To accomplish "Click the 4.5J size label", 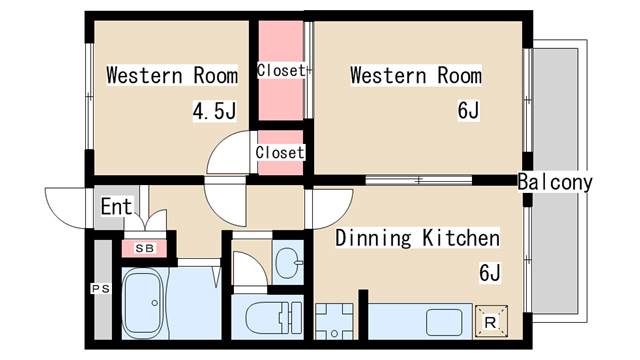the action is pyautogui.click(x=214, y=111).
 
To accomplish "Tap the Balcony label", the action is pyautogui.click(x=555, y=182).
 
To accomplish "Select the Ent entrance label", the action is pyautogui.click(x=117, y=207).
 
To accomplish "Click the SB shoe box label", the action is pyautogui.click(x=144, y=248).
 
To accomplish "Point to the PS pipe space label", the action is pyautogui.click(x=100, y=289).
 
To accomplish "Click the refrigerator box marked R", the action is pyautogui.click(x=491, y=322).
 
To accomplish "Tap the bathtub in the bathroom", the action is pyautogui.click(x=143, y=302).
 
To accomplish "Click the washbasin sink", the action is pyautogui.click(x=289, y=263).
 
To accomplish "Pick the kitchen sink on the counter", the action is pyautogui.click(x=444, y=322).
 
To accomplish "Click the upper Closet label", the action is pyautogui.click(x=281, y=71).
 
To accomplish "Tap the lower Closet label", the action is pyautogui.click(x=280, y=153).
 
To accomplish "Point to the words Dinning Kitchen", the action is pyautogui.click(x=417, y=238).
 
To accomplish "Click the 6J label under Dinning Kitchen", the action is pyautogui.click(x=489, y=273).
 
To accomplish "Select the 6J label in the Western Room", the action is pyautogui.click(x=468, y=110).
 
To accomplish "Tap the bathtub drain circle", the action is pyautogui.click(x=155, y=303).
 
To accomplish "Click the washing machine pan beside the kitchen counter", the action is pyautogui.click(x=334, y=322).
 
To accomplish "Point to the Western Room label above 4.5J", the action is pyautogui.click(x=172, y=75).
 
